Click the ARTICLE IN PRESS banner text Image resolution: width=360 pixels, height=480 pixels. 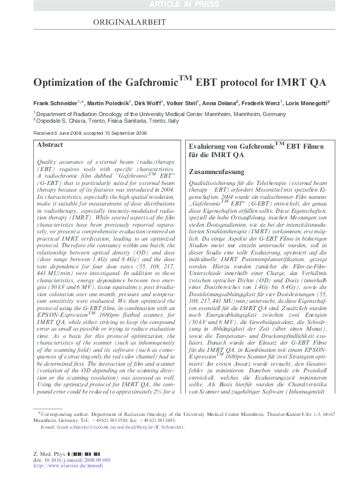click(180, 5)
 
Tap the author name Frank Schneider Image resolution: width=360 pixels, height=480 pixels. click(52, 103)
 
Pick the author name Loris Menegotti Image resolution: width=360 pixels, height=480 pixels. click(307, 103)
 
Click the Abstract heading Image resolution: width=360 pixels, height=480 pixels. click(50, 146)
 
